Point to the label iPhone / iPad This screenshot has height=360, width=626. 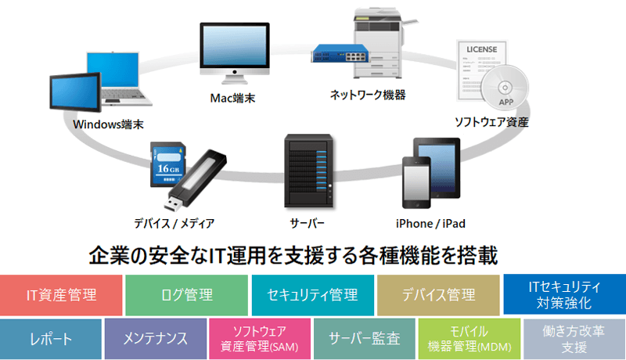coord(430,224)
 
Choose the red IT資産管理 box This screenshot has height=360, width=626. coord(61,295)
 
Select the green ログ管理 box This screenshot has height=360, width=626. coord(186,295)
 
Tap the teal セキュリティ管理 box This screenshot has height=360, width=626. coord(312,295)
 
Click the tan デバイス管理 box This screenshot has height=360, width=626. coord(438,295)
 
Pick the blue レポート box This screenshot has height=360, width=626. coord(51,339)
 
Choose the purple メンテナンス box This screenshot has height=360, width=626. coord(155,339)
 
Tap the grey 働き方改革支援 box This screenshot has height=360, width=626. coord(574,339)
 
